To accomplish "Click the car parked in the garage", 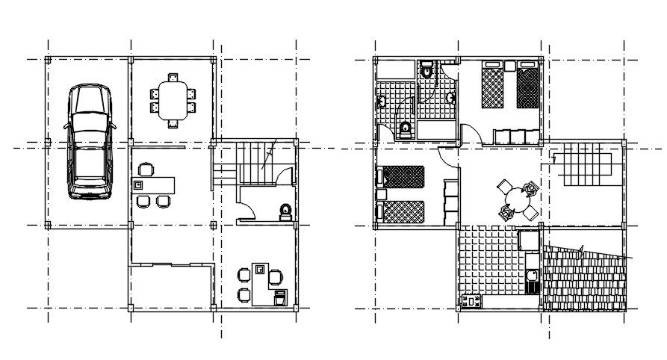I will point(90,143).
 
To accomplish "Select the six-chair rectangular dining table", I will point(174,100).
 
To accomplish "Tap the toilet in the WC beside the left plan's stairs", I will point(285,211).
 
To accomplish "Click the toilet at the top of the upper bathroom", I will point(426,71).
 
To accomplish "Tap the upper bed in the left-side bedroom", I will point(401,177).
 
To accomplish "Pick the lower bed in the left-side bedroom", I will point(401,211).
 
